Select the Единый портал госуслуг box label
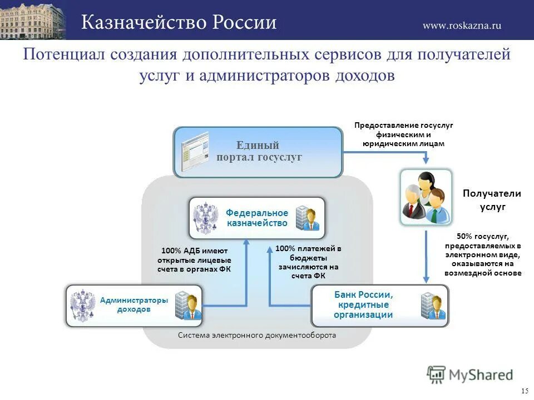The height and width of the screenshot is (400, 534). coord(259,152)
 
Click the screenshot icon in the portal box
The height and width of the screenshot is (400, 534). coord(194,151)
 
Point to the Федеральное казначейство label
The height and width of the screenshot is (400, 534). coord(257,218)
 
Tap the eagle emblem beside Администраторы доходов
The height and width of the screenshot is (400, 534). coord(83,305)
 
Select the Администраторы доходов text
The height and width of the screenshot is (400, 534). coord(133,304)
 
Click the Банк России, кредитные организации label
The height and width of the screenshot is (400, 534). coord(363,304)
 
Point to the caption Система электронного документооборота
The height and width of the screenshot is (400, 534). coord(257,336)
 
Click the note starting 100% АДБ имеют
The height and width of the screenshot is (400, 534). coord(194,260)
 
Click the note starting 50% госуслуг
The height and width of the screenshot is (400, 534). coord(483,255)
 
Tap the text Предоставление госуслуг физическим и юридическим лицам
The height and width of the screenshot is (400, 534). coord(404,134)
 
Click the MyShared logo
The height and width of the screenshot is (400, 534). coord(470,375)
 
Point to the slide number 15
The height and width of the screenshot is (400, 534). coord(525,391)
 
